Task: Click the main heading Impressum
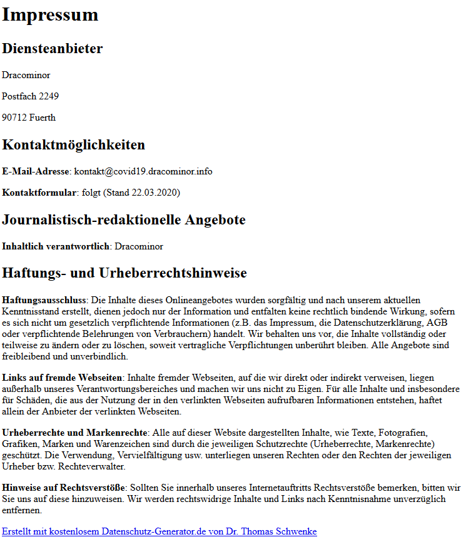(x=50, y=14)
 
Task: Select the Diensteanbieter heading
(x=53, y=49)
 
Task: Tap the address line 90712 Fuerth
(x=28, y=118)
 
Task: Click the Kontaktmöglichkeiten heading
(x=73, y=145)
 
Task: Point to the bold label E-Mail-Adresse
(x=36, y=171)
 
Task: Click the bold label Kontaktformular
(x=39, y=193)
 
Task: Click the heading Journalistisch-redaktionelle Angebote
(x=123, y=220)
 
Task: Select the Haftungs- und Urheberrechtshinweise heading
(x=124, y=273)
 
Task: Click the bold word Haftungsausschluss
(x=43, y=301)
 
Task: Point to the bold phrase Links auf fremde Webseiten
(x=61, y=378)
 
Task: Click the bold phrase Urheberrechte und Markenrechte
(x=74, y=433)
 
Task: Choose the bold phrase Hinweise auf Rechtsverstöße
(x=64, y=487)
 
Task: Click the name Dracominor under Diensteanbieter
(x=26, y=75)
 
